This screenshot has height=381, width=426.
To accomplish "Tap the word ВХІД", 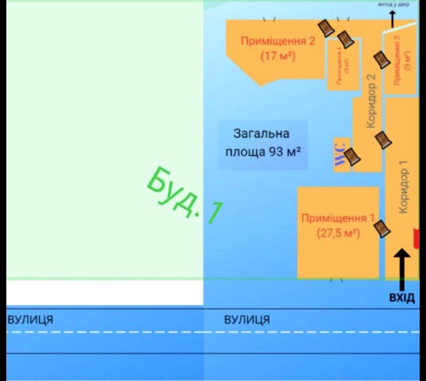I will coord(402,297).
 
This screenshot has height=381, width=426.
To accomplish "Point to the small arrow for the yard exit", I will coord(392,18).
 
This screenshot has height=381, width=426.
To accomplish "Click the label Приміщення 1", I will coord(338,218).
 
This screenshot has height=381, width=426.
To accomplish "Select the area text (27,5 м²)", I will coord(338,233).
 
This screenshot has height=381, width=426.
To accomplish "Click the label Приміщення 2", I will coord(278,41).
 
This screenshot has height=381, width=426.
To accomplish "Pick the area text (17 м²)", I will coord(278,56).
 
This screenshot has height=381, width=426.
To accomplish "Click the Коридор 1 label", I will coord(403,187).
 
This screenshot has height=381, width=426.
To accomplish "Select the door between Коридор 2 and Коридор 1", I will coord(383,140).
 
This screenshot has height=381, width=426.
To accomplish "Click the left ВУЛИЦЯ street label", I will coord(30,319).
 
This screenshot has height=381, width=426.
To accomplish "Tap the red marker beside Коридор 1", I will coord(416,238).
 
